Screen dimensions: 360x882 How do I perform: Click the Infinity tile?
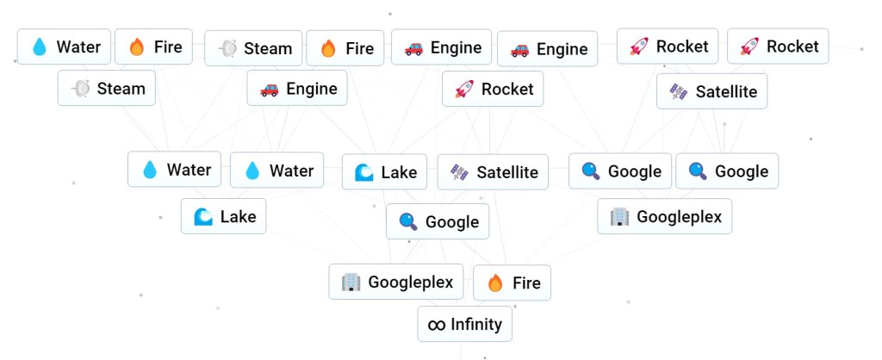point(465,325)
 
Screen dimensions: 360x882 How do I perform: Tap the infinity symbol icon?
point(437,325)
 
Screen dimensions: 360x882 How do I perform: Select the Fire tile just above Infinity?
point(512,282)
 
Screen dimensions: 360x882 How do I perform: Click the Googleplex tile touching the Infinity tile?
point(396,282)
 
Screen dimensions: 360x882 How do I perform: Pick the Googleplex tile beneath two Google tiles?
point(664,216)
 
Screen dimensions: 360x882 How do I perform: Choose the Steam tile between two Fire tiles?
point(253,48)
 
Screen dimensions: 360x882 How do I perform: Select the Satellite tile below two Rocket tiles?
point(711,91)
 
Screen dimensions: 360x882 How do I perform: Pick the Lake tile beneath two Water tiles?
point(223,216)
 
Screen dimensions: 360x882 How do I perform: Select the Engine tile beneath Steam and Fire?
point(297,89)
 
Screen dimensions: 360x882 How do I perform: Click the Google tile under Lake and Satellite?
point(438,222)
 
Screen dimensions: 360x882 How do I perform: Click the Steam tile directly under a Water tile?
point(107,89)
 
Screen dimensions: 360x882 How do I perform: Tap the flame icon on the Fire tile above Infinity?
point(494,282)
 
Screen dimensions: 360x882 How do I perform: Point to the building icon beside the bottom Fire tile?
point(350,282)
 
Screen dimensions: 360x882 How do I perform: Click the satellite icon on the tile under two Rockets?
point(679,91)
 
